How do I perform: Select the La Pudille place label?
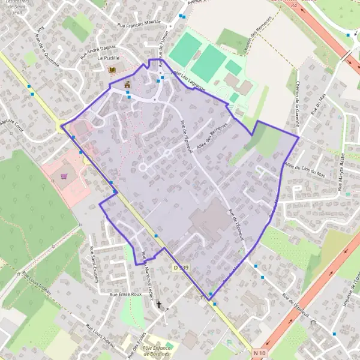click(109, 59)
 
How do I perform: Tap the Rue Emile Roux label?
click(125, 295)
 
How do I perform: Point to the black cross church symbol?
click(159, 305)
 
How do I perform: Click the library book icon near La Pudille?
click(112, 70)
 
